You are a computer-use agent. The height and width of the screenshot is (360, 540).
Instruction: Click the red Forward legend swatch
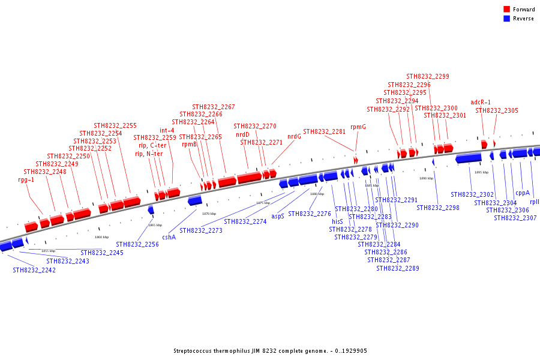[x=507, y=10]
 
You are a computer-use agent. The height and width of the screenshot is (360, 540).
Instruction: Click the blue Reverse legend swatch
[x=507, y=19]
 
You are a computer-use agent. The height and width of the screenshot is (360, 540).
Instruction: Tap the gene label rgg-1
[x=26, y=179]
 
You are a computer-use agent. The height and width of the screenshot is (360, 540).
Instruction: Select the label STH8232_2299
[x=428, y=77]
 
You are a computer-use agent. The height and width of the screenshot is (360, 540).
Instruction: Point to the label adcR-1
[x=481, y=103]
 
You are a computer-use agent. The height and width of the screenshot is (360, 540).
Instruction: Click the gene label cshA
[x=169, y=238]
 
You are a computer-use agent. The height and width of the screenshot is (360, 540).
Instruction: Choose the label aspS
[x=278, y=216]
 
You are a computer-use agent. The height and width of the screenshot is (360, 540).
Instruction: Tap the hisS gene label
[x=337, y=221]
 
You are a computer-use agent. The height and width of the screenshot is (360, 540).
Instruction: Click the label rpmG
[x=358, y=127]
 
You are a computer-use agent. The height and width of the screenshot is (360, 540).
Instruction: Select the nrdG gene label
[x=294, y=136]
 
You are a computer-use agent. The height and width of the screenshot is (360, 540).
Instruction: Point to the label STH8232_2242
[x=34, y=271]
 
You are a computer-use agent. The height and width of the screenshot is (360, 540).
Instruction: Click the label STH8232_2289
[x=398, y=268]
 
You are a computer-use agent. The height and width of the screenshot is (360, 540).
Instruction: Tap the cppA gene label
[x=523, y=193]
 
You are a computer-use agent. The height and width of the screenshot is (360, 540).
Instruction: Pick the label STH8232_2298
[x=438, y=208]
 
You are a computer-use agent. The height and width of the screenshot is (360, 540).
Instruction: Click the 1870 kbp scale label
[x=209, y=214]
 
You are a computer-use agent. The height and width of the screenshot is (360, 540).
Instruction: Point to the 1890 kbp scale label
[x=426, y=178]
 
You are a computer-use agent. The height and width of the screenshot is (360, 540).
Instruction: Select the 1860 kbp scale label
[x=102, y=237]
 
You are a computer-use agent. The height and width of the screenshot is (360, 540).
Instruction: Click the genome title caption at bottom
[x=270, y=351]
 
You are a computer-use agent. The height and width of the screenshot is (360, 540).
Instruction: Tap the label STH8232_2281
[x=325, y=132]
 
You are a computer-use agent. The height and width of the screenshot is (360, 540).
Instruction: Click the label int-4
[x=167, y=131]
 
